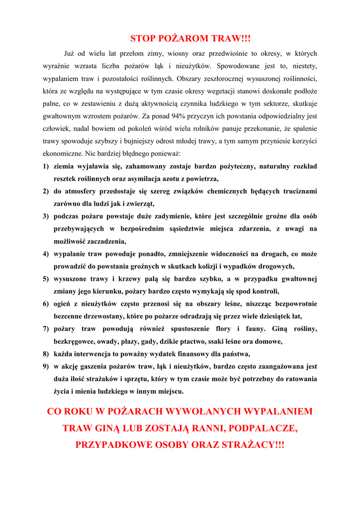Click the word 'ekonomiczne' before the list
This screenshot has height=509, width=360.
click(x=63, y=154)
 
